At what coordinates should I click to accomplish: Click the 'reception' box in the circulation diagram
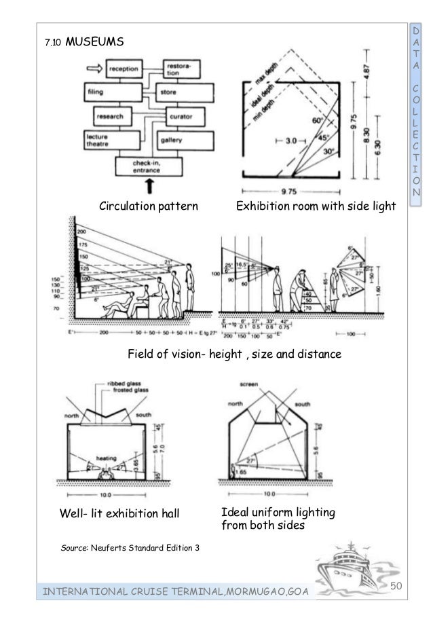[126, 69]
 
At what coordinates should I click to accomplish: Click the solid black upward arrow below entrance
[149, 185]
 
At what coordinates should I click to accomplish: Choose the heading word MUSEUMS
[95, 43]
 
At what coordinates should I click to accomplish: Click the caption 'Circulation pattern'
[149, 204]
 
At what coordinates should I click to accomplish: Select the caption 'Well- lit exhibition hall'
[121, 514]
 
